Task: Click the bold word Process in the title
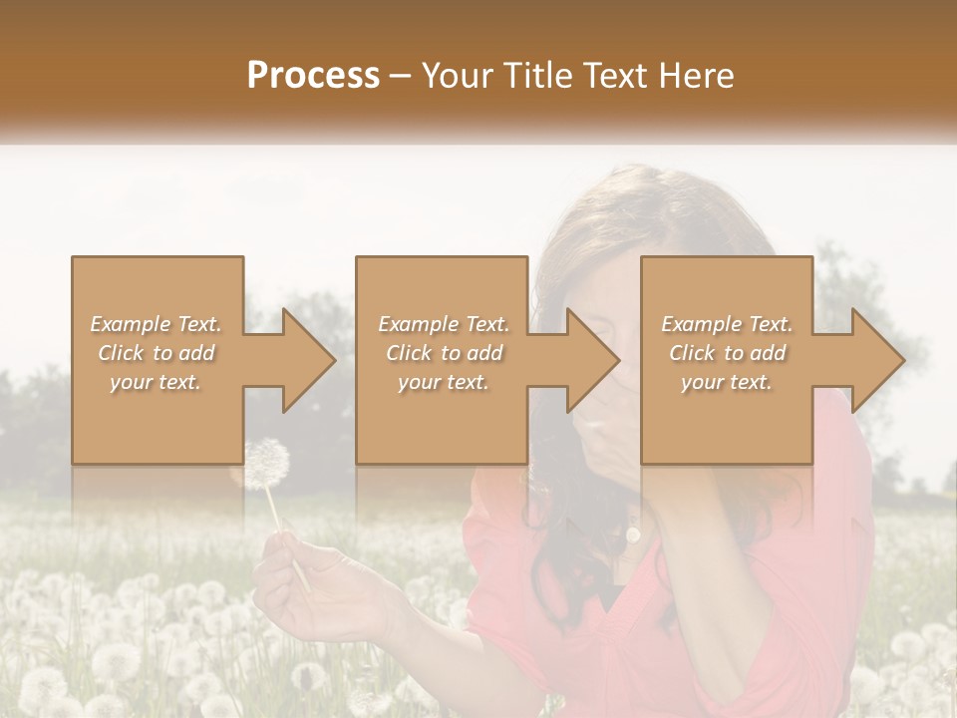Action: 313,76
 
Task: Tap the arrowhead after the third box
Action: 875,360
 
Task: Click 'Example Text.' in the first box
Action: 156,324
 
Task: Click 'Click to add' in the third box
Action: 727,353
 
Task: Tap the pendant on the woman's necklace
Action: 632,535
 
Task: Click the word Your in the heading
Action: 454,76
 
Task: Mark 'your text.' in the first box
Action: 156,382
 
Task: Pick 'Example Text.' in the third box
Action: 727,324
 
